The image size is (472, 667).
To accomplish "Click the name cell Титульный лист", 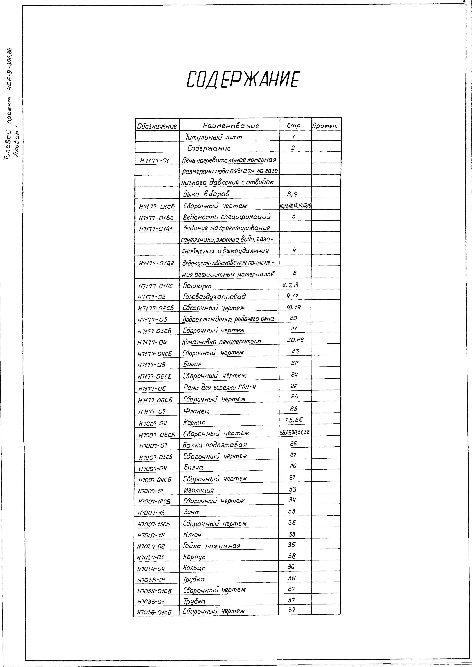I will click(x=214, y=137).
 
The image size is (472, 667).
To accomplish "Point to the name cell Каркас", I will click(x=194, y=422).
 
